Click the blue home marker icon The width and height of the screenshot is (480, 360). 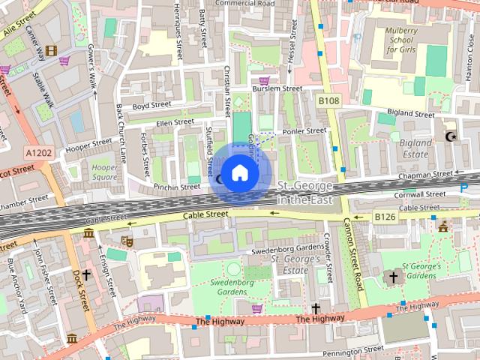point(239,173)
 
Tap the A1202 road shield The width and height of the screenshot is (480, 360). point(38,153)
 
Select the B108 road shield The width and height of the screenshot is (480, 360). point(328,100)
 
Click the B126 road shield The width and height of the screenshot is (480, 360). point(385,217)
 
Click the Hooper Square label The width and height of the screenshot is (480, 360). point(103,172)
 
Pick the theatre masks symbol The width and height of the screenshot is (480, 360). point(127,241)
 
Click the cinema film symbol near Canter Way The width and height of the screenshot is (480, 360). point(50,51)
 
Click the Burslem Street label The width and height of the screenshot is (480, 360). point(277,88)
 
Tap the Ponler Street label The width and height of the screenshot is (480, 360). point(303,131)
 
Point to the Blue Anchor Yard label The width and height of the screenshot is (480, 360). point(13,286)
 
